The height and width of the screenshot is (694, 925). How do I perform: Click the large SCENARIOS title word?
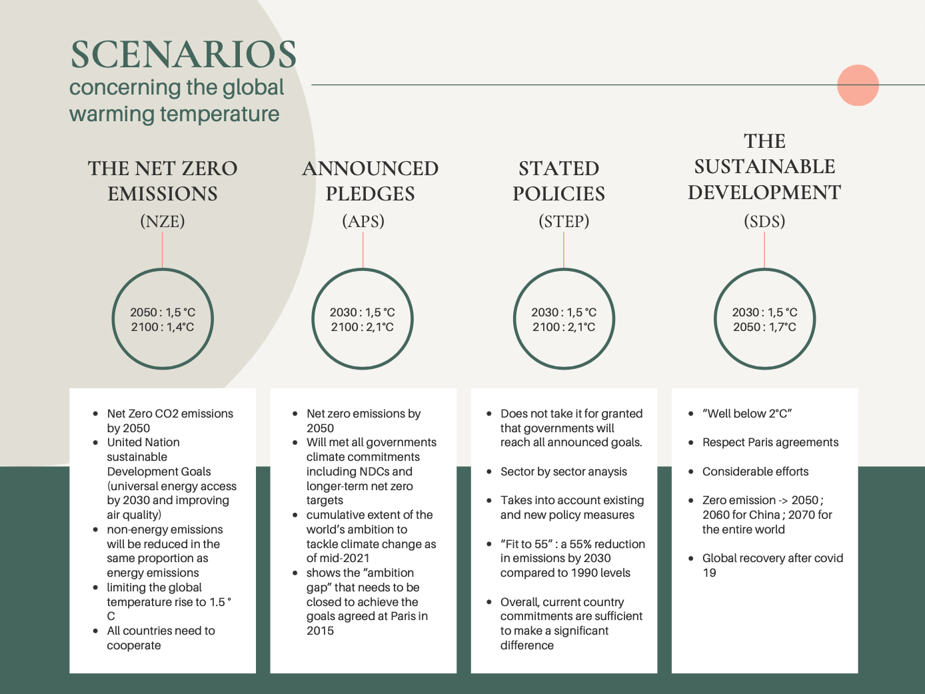coord(183,55)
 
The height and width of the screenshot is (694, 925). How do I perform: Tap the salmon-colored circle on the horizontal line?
coord(858,85)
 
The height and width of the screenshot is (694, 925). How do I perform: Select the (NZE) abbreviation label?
coord(163,221)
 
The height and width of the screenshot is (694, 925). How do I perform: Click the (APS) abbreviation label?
coord(363,221)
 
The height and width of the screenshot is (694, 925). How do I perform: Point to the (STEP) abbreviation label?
coord(564,221)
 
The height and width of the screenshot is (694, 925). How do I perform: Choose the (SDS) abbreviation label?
coord(764,221)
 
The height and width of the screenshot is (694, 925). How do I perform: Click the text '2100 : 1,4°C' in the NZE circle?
coord(163,327)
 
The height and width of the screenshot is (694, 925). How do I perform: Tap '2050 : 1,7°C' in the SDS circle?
coord(764,327)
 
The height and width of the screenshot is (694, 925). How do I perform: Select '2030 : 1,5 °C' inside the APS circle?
coord(363,312)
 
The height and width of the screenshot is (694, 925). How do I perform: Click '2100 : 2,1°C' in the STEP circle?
coord(564,327)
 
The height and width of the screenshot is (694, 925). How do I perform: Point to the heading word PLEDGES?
coord(370,194)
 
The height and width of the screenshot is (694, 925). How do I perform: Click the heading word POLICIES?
coord(558,194)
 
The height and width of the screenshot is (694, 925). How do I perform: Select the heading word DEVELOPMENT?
coord(764,192)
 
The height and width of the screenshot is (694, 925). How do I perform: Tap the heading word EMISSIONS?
coord(163,194)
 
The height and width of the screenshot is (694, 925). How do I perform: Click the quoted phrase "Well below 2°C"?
coord(746,414)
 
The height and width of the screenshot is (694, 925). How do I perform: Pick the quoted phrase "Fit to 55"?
coord(528,544)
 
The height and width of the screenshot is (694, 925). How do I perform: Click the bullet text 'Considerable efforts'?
coord(755,472)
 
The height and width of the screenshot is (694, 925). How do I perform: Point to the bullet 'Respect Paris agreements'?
coord(770,442)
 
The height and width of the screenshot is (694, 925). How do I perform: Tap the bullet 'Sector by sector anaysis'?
coord(564,472)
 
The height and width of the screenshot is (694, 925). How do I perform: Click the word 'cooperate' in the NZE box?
coord(134,645)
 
